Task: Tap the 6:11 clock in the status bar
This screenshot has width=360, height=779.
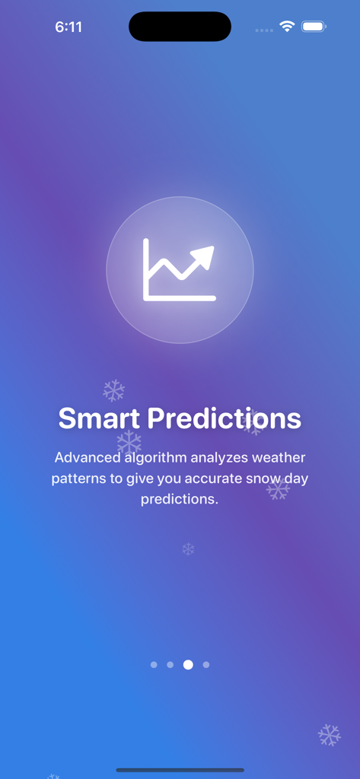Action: (x=68, y=27)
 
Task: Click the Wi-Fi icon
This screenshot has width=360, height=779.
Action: (x=287, y=27)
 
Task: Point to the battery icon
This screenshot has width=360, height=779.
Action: (x=314, y=27)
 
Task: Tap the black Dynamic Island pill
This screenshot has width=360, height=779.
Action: (x=180, y=27)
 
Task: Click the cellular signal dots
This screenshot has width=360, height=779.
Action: (x=264, y=30)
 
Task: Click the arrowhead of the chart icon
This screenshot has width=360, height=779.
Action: (x=204, y=256)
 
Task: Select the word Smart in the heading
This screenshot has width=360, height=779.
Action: (x=99, y=418)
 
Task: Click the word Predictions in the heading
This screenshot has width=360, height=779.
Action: (x=224, y=418)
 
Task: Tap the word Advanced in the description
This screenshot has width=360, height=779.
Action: (x=87, y=458)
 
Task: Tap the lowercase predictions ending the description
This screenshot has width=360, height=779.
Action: (x=180, y=499)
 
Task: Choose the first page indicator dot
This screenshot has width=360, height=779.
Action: (x=154, y=665)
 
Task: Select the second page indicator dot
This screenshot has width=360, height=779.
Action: (x=170, y=665)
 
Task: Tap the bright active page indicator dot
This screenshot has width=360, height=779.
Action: (x=188, y=665)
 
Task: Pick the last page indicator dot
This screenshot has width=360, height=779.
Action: (x=206, y=665)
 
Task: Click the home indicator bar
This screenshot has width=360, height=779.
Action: (x=180, y=770)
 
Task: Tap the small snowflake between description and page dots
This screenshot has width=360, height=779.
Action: (x=188, y=548)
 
